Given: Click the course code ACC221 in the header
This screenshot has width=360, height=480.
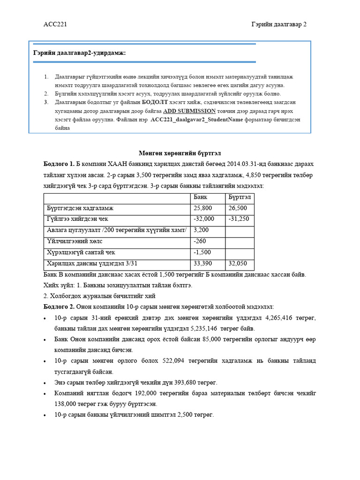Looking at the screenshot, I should coord(55,24).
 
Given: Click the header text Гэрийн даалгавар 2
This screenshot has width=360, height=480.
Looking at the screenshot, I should coord(279,24).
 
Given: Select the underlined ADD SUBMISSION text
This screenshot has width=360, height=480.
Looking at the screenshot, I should coord(189,111).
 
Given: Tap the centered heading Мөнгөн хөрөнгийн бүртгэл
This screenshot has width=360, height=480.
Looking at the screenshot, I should coord(180,153).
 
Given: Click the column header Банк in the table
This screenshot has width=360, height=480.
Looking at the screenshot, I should coord(200,197).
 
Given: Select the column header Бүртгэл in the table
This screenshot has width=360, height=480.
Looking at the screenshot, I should coord(239,197).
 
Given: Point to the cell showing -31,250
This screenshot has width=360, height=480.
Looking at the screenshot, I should coord(239,219).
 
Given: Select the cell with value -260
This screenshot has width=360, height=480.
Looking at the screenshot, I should coord(200,241).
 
